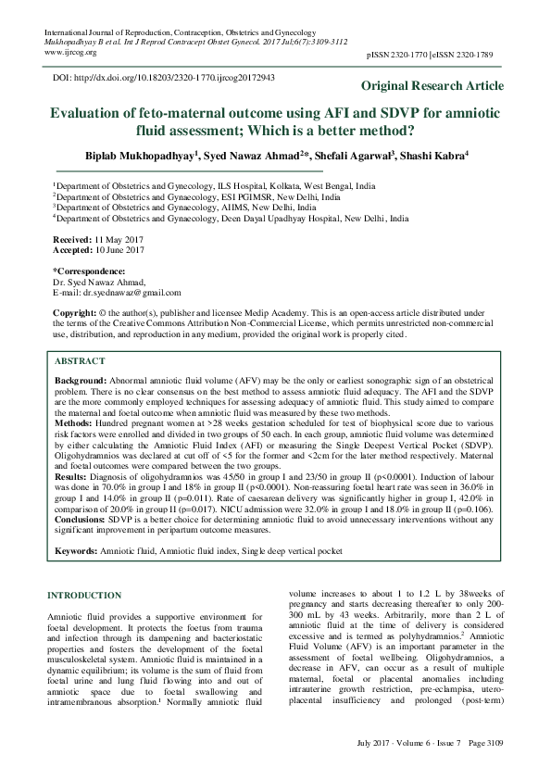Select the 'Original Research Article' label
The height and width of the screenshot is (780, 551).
coord(432,86)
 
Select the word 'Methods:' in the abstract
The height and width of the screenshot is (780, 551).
coord(75,421)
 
